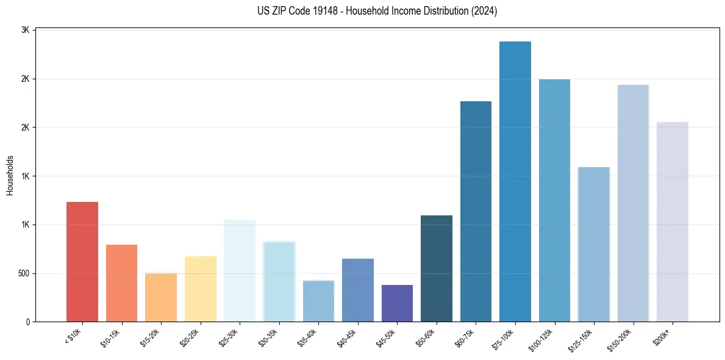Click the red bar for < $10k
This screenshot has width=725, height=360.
82,262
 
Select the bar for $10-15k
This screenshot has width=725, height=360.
121,283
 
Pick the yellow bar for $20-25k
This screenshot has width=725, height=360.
201,289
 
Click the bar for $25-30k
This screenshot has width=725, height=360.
240,271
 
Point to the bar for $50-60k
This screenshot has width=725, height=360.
437,268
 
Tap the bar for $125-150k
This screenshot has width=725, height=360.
594,244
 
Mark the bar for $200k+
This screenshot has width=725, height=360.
673,222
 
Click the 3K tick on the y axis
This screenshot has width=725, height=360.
26,30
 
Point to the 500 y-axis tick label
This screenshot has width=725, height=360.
24,273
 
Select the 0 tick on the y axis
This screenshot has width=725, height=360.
28,322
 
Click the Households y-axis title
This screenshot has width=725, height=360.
10,176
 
